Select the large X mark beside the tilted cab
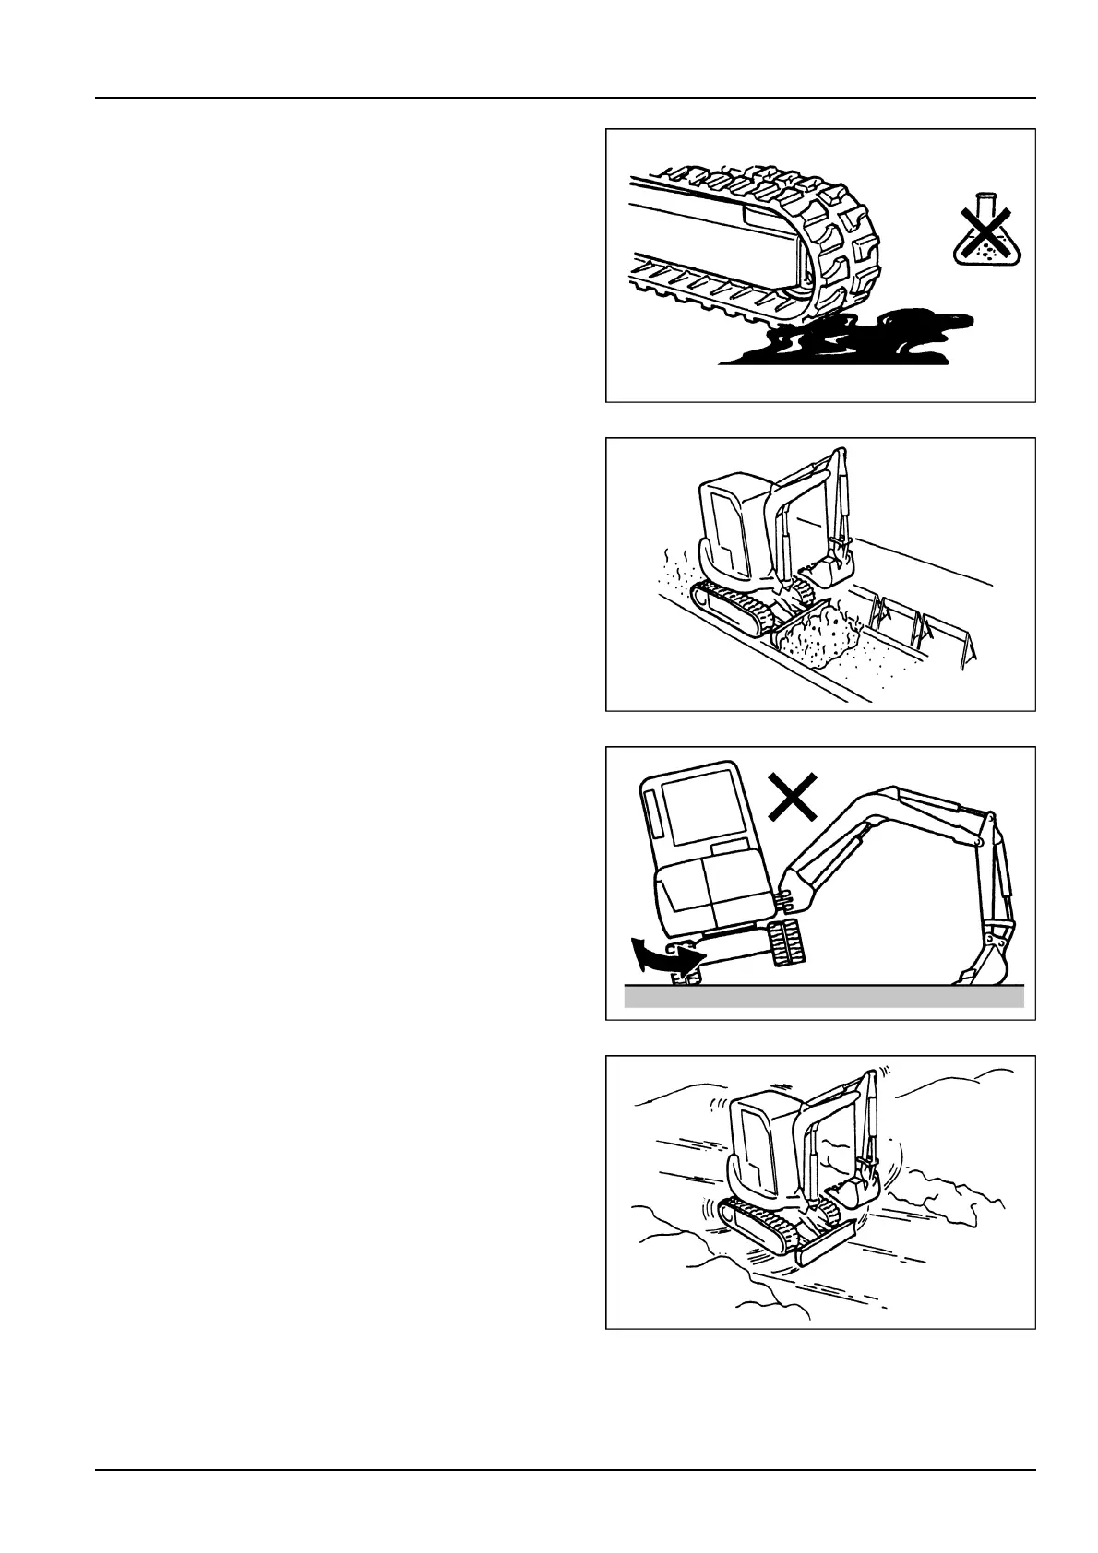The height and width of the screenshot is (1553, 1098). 793,798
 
